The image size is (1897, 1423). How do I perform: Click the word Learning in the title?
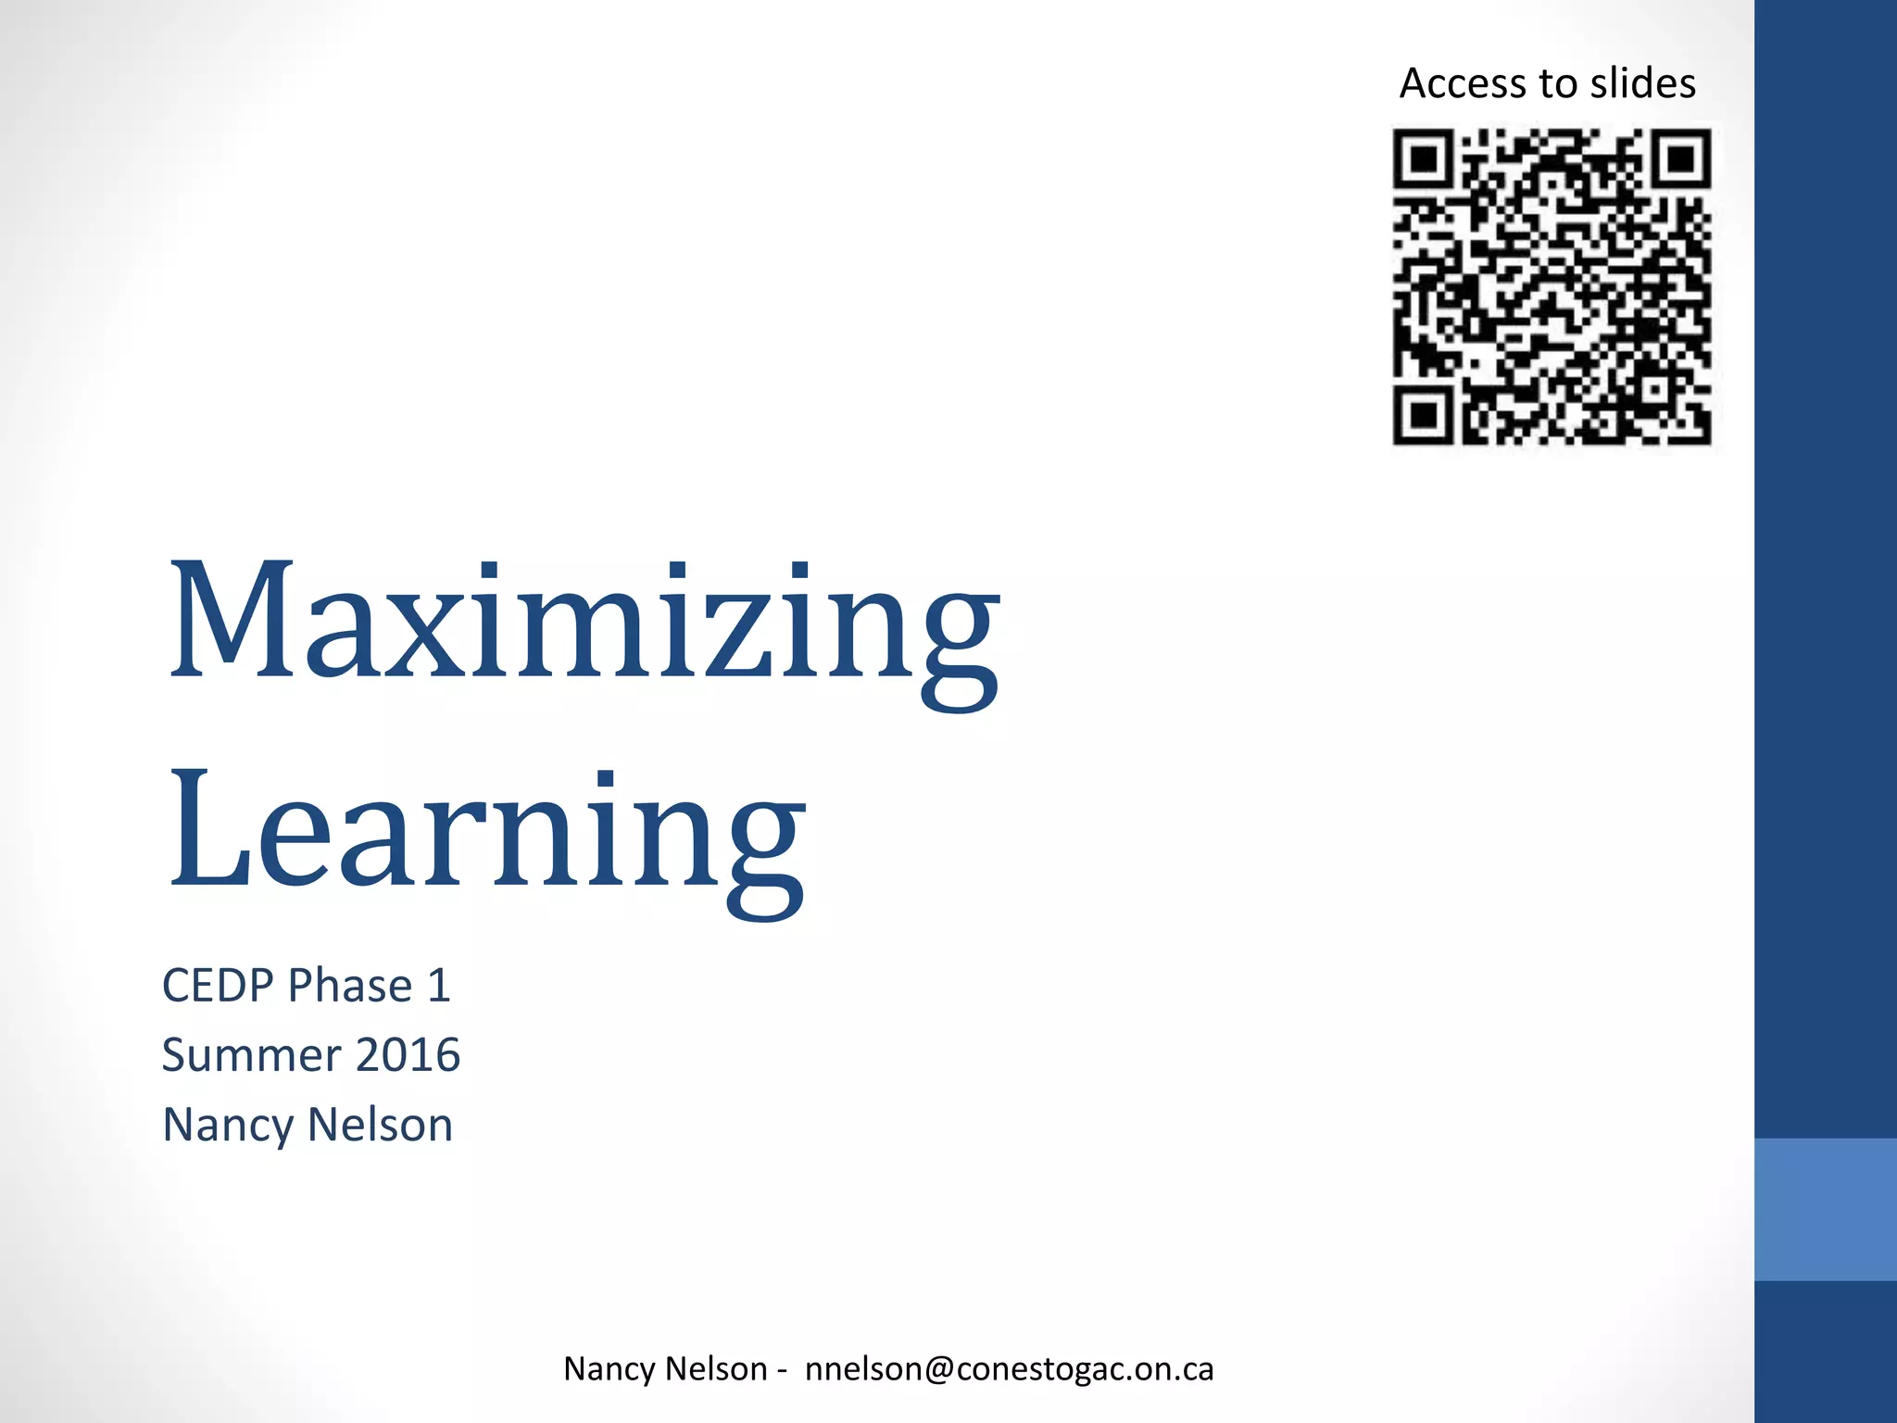[486, 829]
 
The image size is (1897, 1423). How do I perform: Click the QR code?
[1552, 287]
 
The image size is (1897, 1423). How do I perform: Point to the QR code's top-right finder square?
[1679, 160]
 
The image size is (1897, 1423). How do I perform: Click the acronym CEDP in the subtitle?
[219, 985]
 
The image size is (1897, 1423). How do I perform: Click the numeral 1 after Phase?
[438, 985]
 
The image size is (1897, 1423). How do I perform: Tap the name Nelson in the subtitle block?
[380, 1125]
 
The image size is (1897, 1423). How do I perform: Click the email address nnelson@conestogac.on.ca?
[1009, 1368]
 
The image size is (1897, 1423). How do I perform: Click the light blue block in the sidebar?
[1825, 1209]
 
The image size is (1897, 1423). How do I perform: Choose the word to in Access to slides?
[1559, 83]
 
